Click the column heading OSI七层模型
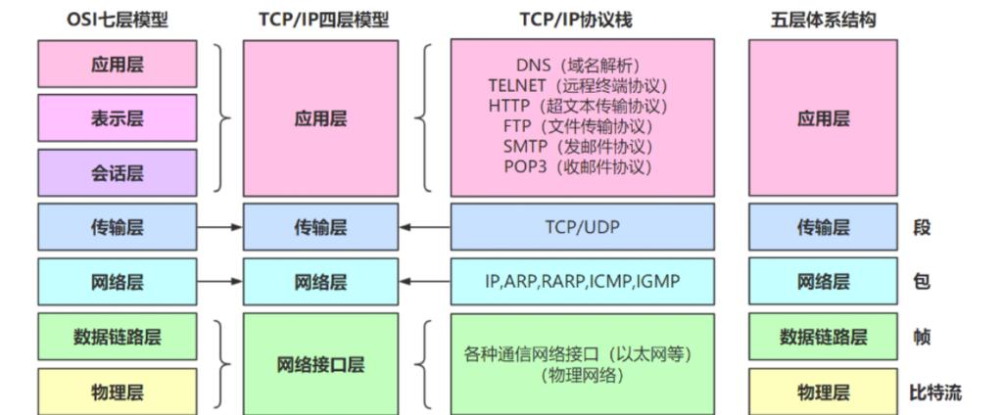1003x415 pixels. pos(117,20)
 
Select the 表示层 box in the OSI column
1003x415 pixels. pos(117,118)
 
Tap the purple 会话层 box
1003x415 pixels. pos(117,173)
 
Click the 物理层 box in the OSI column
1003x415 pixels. pos(117,392)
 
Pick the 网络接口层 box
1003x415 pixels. pos(320,365)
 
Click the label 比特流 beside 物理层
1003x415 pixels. pos(934,392)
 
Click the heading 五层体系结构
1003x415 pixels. pos(823,20)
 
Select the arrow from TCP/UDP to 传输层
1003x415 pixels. pos(424,227)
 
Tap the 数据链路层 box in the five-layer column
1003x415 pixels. pos(823,338)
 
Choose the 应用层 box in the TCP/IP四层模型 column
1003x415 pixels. pos(320,118)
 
